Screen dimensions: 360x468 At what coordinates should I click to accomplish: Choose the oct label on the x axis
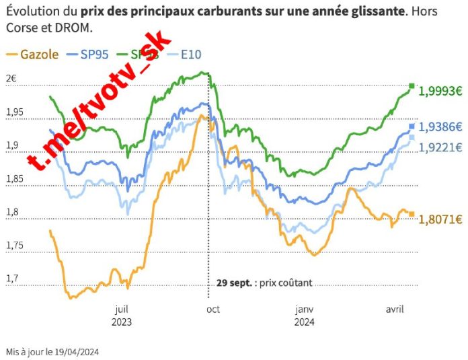(x=212, y=310)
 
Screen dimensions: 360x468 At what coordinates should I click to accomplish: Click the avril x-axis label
(x=393, y=310)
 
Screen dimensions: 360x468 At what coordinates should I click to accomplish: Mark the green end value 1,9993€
(x=440, y=92)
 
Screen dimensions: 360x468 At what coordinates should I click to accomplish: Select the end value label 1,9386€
(x=440, y=127)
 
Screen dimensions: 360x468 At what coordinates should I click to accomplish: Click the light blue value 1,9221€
(x=440, y=147)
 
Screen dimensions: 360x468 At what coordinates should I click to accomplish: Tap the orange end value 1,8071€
(x=440, y=219)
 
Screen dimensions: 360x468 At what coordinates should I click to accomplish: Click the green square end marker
(x=412, y=85)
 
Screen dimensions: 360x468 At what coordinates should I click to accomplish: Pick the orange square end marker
(x=412, y=215)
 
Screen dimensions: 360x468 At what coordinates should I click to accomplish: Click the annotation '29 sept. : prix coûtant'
(x=264, y=283)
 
